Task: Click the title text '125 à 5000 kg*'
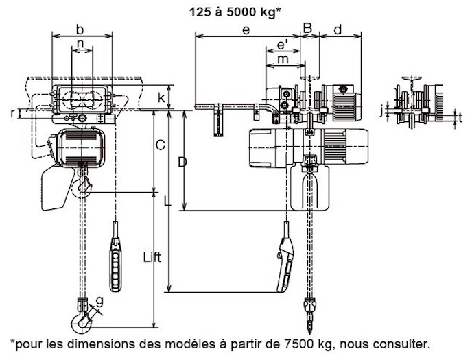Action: coord(235,12)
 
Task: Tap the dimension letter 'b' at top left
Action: coord(80,29)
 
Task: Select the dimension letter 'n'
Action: coord(80,44)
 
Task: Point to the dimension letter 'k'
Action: coord(162,97)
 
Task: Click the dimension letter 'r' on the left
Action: coord(12,112)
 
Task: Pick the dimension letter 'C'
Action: coord(160,145)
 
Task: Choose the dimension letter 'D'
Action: coord(182,163)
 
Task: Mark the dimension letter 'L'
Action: coord(167,201)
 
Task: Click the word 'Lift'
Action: coord(152,258)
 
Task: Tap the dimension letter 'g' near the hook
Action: coord(99,301)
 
